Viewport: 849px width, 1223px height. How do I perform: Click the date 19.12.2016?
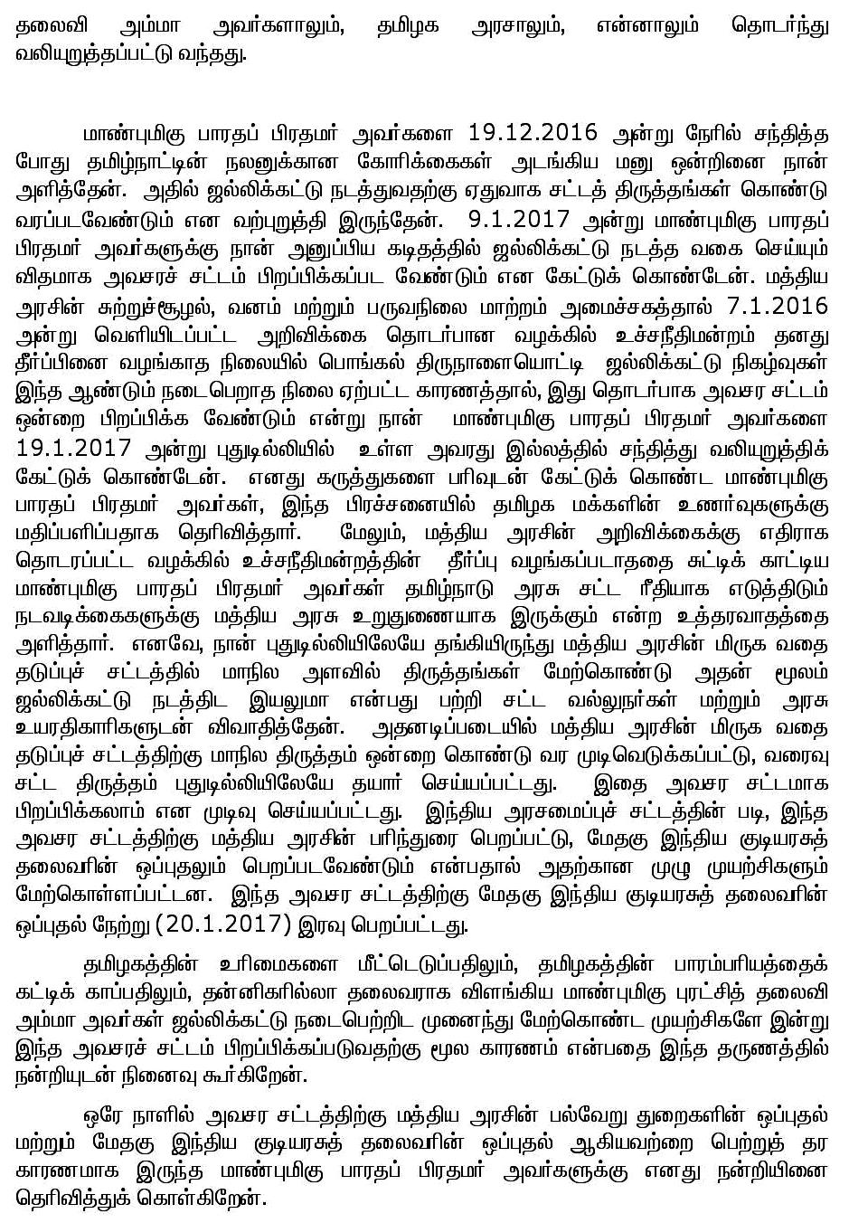click(x=533, y=132)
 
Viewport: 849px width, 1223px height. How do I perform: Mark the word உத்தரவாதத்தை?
click(x=762, y=619)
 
